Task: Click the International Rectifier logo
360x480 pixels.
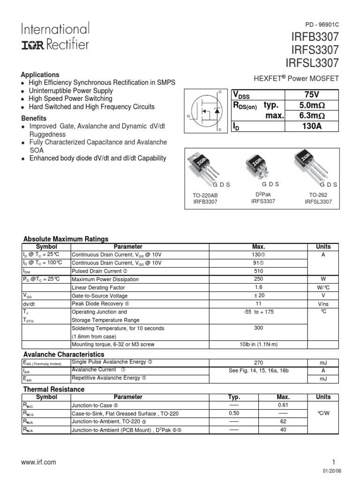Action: click(54, 37)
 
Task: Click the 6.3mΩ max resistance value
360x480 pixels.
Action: click(313, 116)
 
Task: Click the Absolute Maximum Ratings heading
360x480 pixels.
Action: click(66, 239)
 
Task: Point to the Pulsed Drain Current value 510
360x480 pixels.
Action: click(258, 271)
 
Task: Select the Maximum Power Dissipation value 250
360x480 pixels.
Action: click(258, 279)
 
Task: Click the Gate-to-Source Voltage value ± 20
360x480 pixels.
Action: click(258, 296)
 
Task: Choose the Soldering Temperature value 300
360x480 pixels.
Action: click(258, 328)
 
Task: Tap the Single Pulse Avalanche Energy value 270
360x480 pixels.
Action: click(258, 362)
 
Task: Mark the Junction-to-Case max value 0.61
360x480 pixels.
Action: click(283, 405)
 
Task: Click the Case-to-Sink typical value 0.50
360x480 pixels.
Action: click(234, 413)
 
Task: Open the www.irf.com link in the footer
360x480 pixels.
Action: click(39, 462)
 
